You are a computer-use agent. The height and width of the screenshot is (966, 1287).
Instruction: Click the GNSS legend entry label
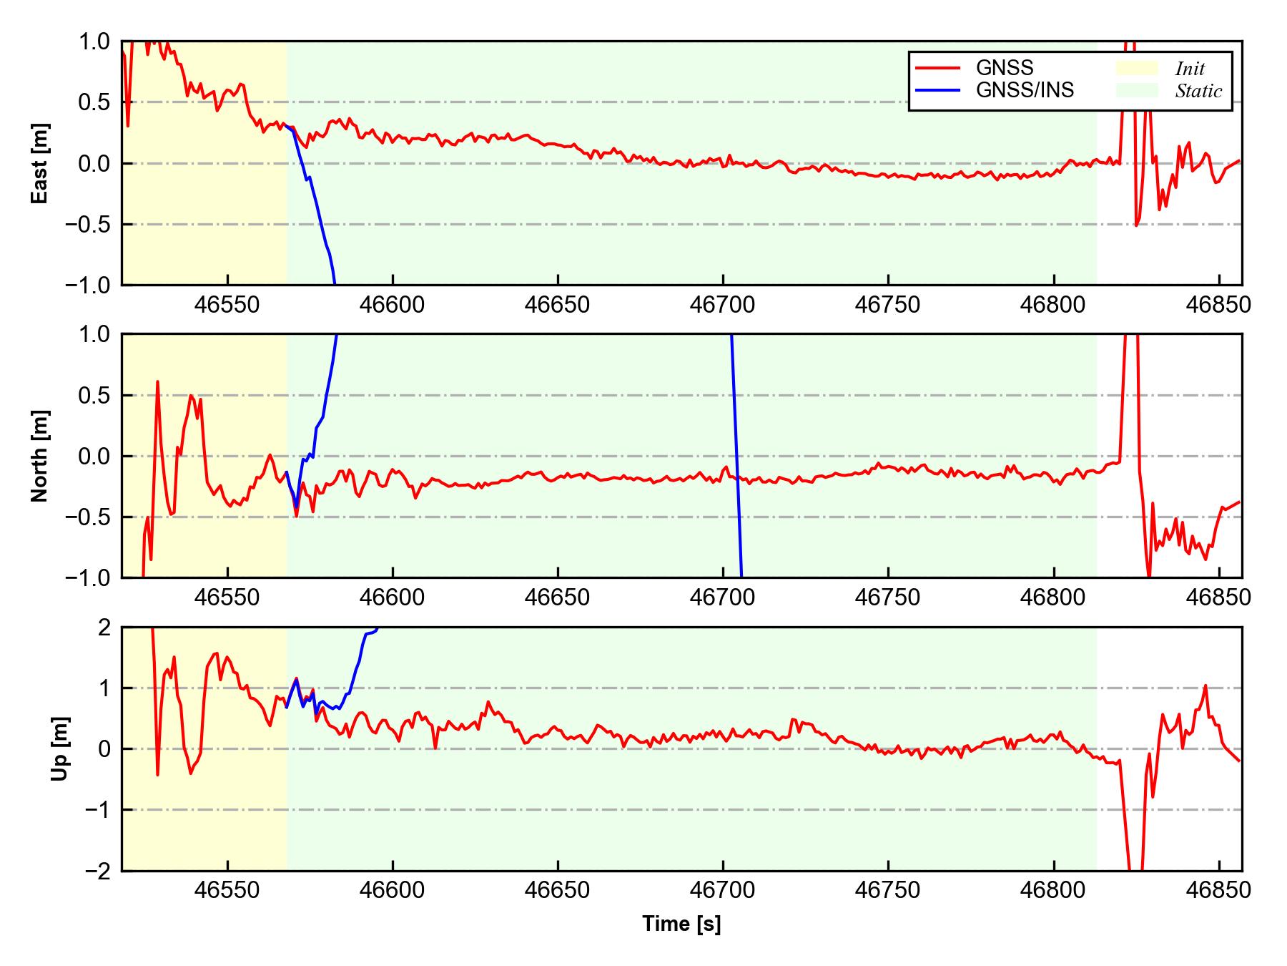coord(1005,68)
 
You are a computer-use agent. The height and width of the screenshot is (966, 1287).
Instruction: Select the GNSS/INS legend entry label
coord(1025,90)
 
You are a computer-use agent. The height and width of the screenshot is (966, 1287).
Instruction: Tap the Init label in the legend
coord(1190,69)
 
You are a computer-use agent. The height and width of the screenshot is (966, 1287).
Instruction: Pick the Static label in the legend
coord(1198,91)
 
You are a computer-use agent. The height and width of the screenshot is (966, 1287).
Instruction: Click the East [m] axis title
coord(40,163)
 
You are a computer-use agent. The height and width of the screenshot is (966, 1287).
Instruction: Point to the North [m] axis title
coord(40,456)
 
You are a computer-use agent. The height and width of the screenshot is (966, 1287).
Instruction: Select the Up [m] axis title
coord(61,748)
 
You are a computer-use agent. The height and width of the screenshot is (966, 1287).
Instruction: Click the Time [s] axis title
coord(681,924)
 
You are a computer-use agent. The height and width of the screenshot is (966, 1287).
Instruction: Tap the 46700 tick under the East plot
coord(722,306)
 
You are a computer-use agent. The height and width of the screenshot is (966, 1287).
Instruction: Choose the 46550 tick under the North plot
coord(227,597)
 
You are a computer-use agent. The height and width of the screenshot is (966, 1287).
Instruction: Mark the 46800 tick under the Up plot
coord(1053,890)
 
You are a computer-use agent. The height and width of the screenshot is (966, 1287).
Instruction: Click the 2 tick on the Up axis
coord(104,628)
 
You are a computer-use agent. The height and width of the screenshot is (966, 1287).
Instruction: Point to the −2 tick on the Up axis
coord(98,871)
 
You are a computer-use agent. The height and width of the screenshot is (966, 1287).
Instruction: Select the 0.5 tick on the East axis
coord(94,102)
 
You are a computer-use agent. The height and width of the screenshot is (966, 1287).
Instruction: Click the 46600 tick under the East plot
coord(393,306)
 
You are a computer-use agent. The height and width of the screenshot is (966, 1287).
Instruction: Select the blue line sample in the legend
coord(937,90)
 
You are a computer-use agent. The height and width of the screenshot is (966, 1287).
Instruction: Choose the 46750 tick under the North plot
coord(887,597)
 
